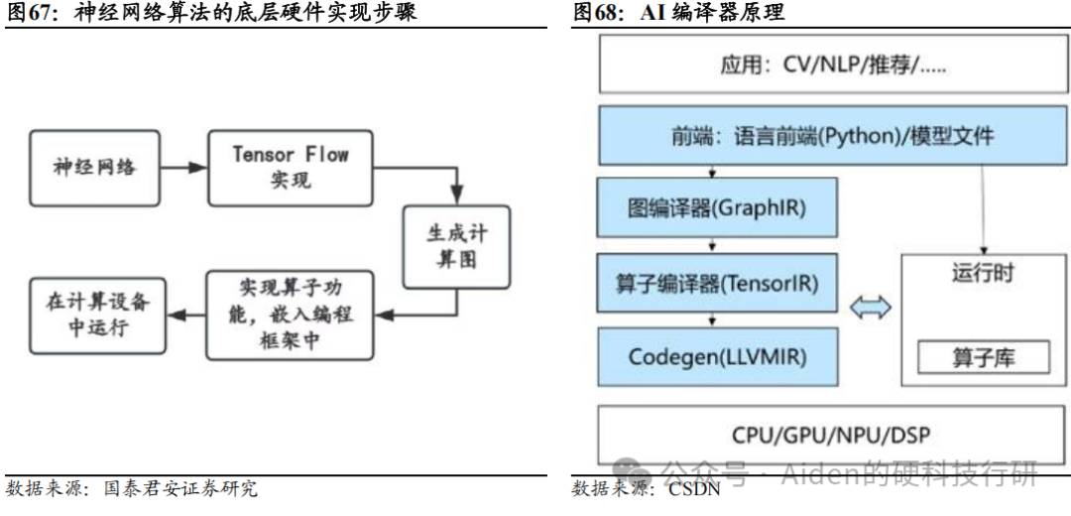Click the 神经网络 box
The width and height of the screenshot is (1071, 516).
[94, 166]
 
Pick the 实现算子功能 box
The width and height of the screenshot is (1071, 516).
[290, 315]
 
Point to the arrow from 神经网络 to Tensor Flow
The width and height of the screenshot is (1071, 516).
[182, 166]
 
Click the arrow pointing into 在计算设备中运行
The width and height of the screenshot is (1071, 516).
[182, 315]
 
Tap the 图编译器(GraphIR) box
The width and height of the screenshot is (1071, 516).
[716, 208]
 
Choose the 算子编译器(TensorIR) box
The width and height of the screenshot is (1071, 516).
[716, 283]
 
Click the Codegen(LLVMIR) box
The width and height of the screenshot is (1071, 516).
[716, 356]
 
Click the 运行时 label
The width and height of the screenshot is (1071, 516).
[983, 273]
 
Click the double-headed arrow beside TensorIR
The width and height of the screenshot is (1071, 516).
[869, 308]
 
